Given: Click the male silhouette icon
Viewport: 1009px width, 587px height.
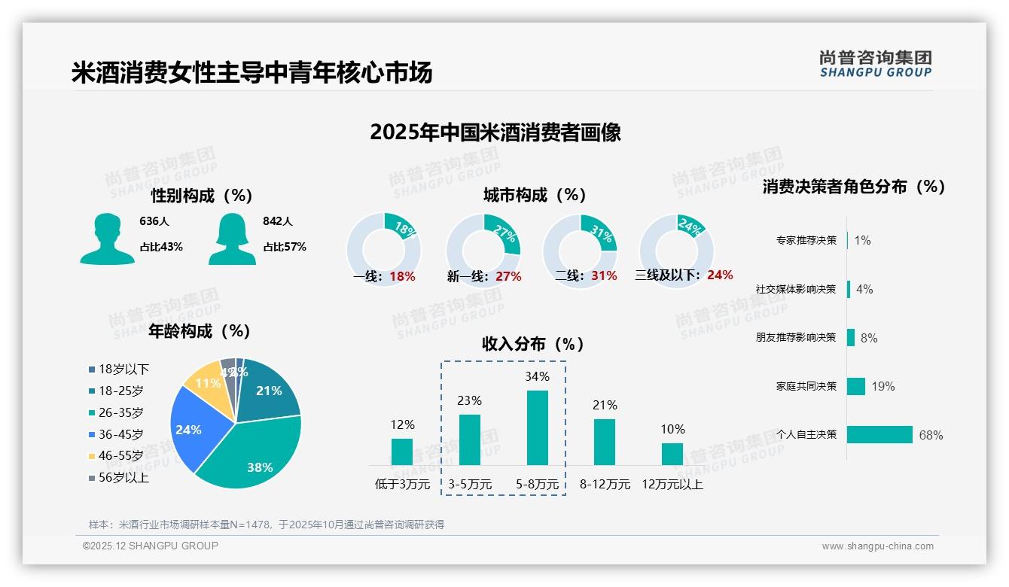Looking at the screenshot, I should pyautogui.click(x=107, y=239).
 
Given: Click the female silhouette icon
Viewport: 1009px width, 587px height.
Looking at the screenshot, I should pyautogui.click(x=232, y=239).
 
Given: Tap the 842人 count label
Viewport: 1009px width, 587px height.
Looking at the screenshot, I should pyautogui.click(x=277, y=221).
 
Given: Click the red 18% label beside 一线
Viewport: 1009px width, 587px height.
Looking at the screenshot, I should pyautogui.click(x=403, y=276).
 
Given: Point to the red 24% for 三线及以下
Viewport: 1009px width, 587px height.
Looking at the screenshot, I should pyautogui.click(x=720, y=275).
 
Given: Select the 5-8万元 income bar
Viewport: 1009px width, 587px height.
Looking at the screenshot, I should pyautogui.click(x=537, y=427).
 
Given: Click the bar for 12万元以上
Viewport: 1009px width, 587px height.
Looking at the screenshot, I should pyautogui.click(x=672, y=454).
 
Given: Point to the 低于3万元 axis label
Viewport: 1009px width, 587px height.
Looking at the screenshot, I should pyautogui.click(x=401, y=485).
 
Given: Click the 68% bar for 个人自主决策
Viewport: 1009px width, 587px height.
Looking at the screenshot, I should pyautogui.click(x=879, y=434).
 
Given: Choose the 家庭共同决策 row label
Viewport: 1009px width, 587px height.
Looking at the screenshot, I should pyautogui.click(x=806, y=386).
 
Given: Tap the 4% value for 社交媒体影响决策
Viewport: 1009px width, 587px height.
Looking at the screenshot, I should pyautogui.click(x=864, y=289).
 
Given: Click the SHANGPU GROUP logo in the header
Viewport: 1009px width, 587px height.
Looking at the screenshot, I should pyautogui.click(x=875, y=64).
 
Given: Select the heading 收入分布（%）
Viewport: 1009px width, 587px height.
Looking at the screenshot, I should pyautogui.click(x=533, y=344).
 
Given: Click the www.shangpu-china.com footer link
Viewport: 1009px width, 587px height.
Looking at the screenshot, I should pyautogui.click(x=877, y=546).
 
